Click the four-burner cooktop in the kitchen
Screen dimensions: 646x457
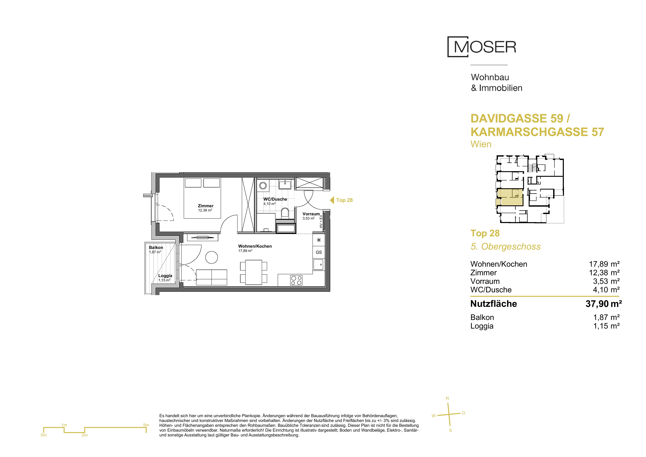click(296, 280)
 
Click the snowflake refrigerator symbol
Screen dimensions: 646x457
click(319, 240)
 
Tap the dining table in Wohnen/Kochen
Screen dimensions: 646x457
click(254, 272)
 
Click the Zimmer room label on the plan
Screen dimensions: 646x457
click(206, 206)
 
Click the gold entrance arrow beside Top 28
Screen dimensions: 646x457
click(332, 200)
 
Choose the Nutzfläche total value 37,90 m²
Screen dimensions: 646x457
click(604, 304)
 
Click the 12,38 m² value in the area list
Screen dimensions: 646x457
click(604, 273)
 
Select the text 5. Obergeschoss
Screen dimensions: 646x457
click(506, 246)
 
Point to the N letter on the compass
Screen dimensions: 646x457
click(447, 398)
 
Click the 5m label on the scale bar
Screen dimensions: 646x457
click(146, 425)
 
